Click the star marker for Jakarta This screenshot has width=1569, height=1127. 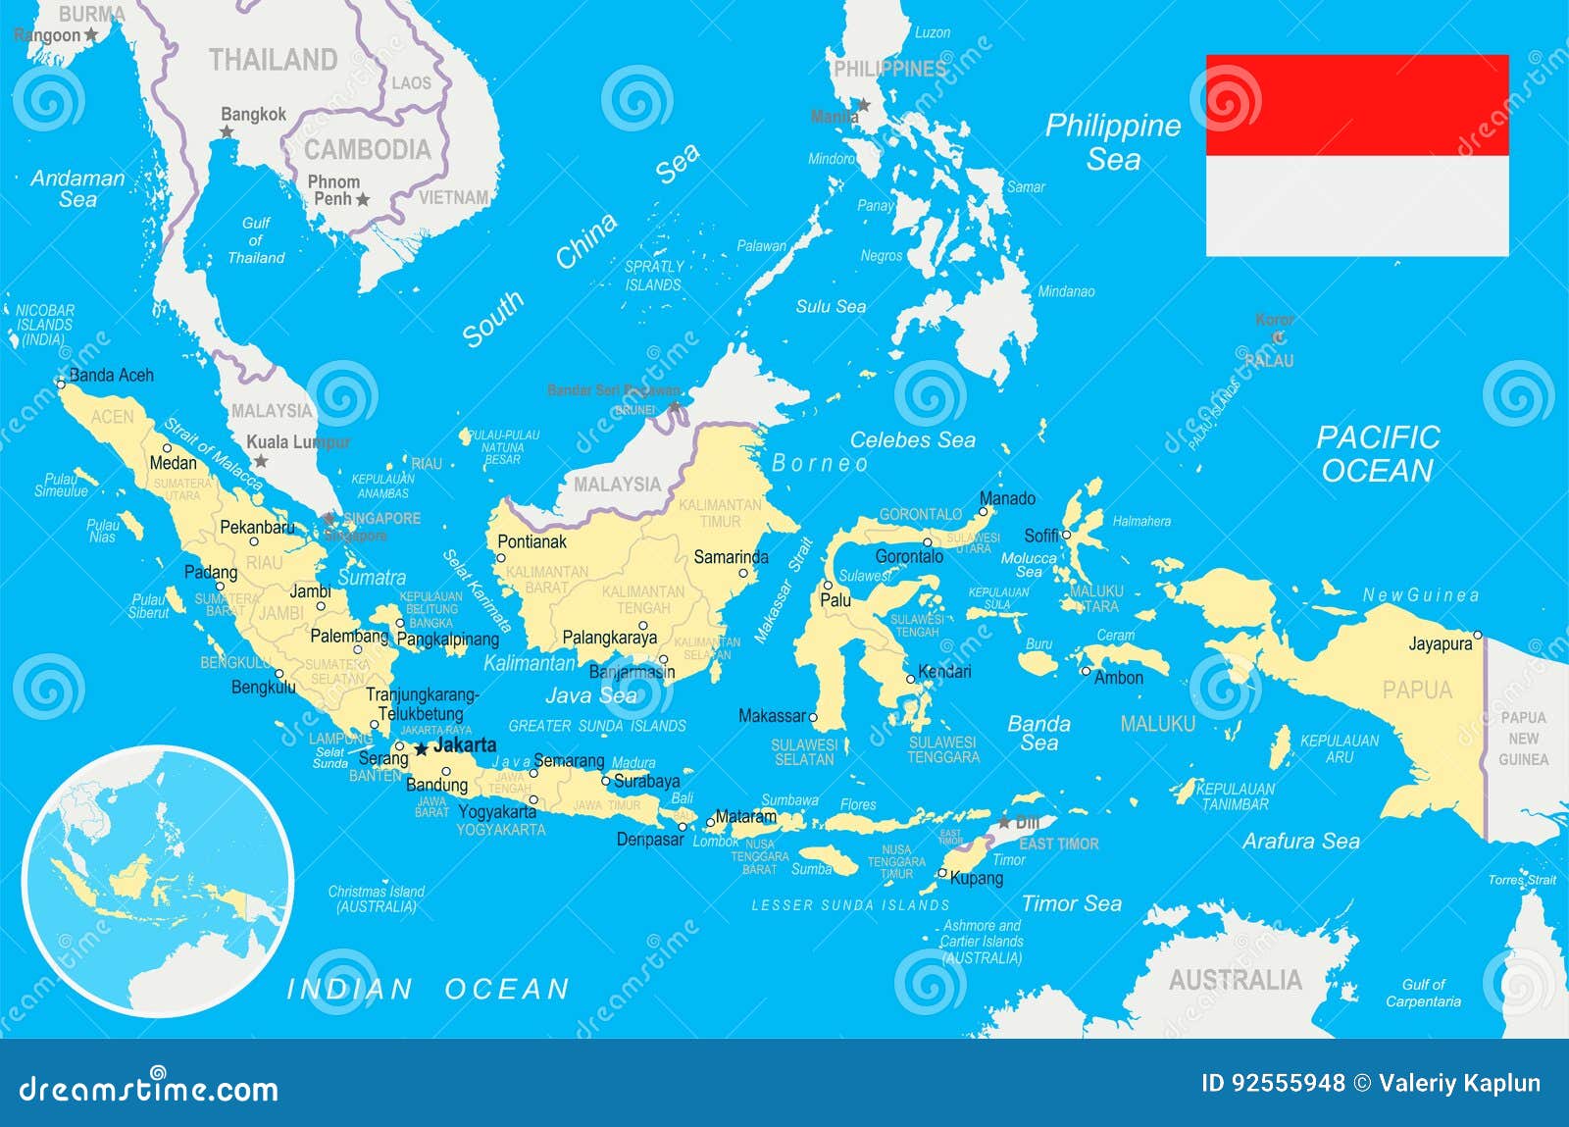click(422, 749)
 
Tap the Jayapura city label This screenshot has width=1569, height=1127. click(1440, 644)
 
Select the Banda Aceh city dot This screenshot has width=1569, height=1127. click(61, 384)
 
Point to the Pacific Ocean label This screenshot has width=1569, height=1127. click(1377, 454)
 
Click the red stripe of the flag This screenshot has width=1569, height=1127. click(1357, 105)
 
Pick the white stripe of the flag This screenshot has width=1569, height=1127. click(1357, 206)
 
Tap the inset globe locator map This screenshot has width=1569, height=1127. click(157, 880)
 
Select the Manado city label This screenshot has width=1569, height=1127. click(1007, 499)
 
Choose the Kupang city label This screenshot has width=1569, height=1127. click(976, 878)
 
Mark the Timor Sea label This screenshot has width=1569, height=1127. click(1071, 903)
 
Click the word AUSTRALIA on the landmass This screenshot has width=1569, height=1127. click(1235, 980)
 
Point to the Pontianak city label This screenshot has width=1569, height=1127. click(531, 541)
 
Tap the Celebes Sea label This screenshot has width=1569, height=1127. click(912, 440)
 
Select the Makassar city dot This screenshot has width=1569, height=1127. click(813, 718)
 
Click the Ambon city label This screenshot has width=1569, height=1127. click(1118, 678)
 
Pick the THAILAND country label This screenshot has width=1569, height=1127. click(273, 60)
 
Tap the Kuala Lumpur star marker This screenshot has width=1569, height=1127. click(261, 461)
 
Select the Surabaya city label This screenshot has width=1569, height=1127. click(646, 782)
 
